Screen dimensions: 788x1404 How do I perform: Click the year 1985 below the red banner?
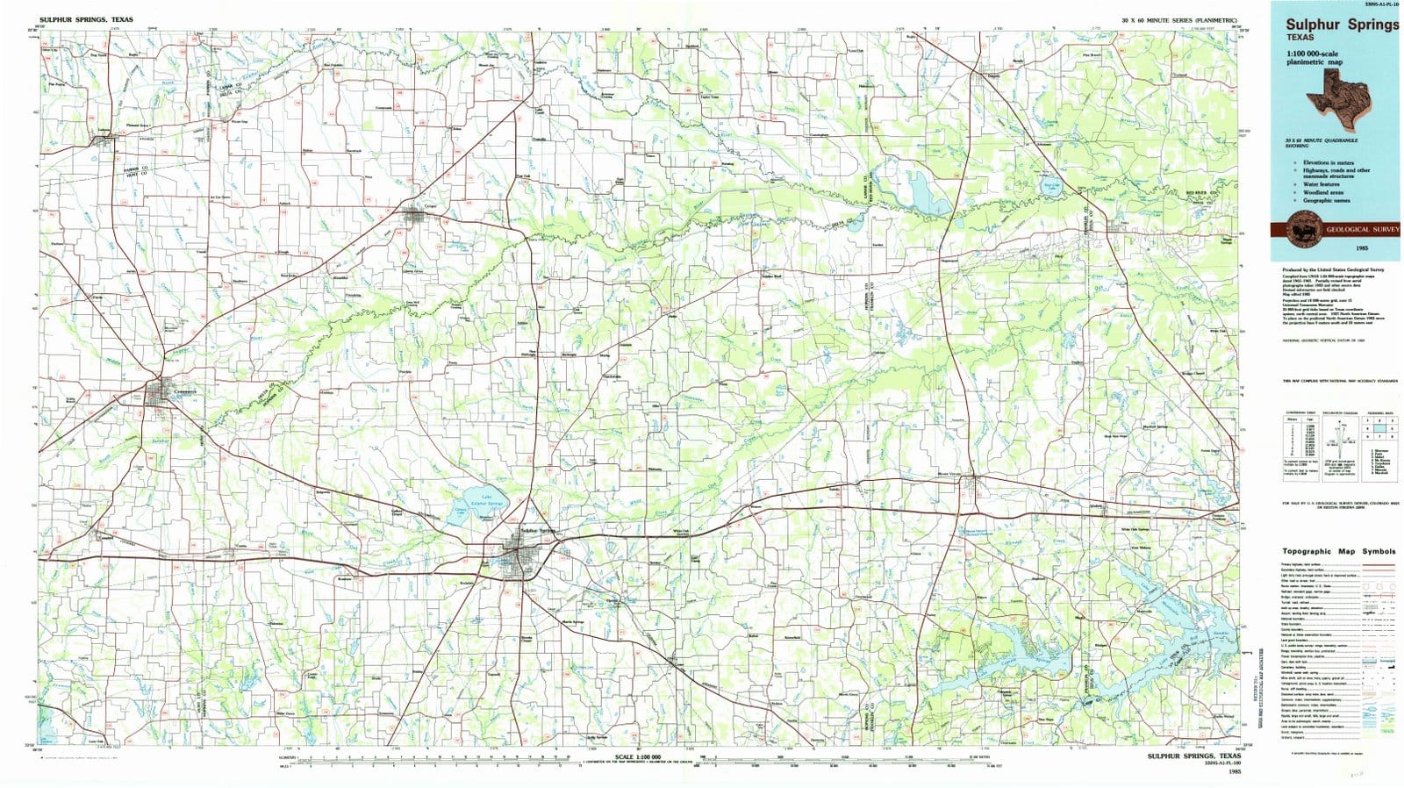click(x=1333, y=249)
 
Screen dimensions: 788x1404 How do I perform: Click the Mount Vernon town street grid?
click(x=974, y=479)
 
